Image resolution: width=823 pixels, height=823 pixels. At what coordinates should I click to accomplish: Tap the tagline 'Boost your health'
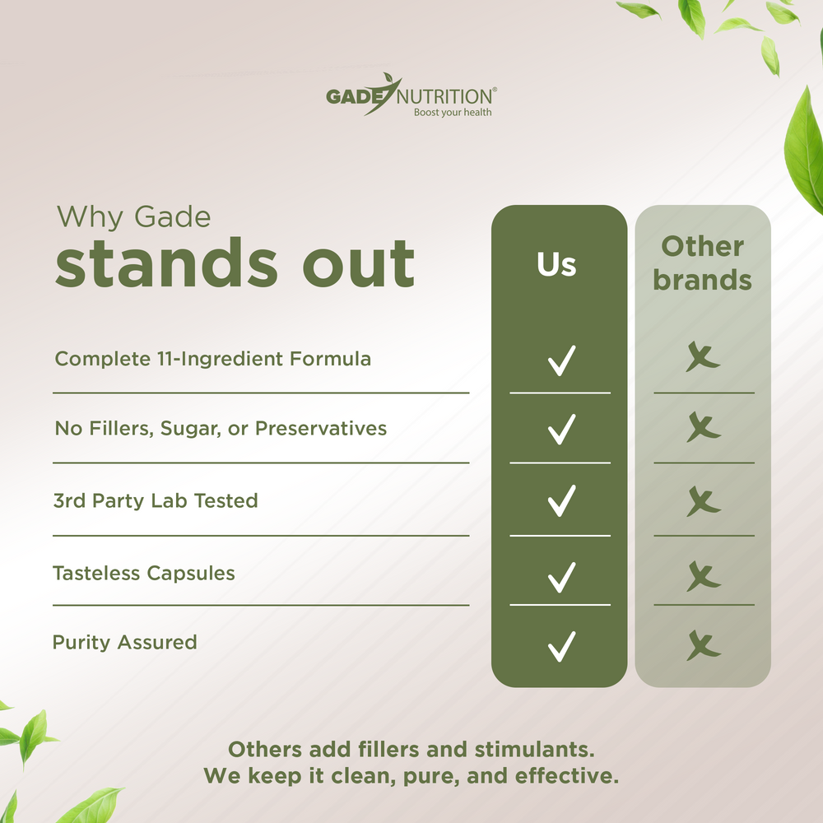pos(452,112)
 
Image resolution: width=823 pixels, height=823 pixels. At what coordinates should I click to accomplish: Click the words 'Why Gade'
pos(133,217)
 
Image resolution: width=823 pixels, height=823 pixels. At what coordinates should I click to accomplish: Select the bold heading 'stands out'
pos(235,264)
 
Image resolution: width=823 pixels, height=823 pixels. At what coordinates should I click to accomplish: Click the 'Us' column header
pos(557,265)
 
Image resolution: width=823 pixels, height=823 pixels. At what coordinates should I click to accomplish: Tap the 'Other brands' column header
pos(702,263)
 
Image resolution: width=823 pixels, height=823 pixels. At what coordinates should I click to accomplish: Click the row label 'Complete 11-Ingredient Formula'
pos(212,359)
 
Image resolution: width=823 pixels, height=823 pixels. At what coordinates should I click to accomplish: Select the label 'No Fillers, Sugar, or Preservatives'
pos(220,428)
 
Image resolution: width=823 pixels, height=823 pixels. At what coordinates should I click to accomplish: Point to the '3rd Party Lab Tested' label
pos(156,500)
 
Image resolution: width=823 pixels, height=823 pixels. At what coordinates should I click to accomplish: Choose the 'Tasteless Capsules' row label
pos(144,573)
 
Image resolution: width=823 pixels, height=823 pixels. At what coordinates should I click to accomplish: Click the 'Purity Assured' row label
pos(125,642)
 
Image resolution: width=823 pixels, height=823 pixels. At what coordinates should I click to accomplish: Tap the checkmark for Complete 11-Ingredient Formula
pos(561,360)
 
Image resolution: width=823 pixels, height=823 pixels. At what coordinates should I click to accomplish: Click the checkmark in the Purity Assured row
pos(561,645)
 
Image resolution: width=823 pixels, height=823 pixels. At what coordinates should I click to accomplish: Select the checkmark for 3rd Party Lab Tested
pos(561,500)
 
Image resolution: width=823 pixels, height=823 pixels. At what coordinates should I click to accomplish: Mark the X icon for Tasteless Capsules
pos(704,575)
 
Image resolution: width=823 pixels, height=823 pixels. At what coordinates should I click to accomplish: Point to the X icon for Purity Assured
pos(704,645)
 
